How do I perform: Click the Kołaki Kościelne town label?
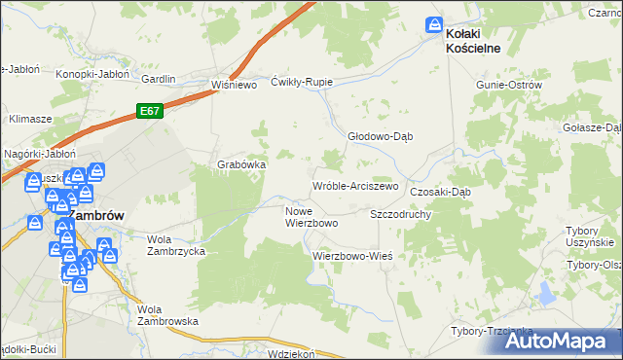tap(473, 40)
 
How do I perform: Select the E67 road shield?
tap(149, 112)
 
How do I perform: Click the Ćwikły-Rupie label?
tap(302, 82)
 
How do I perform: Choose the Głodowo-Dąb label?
tap(381, 137)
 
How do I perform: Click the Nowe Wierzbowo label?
tap(311, 217)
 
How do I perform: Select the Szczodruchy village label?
tap(400, 213)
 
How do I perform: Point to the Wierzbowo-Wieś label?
tap(351, 255)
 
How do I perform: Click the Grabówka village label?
tap(241, 164)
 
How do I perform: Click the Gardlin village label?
tap(158, 79)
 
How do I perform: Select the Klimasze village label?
tap(30, 118)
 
